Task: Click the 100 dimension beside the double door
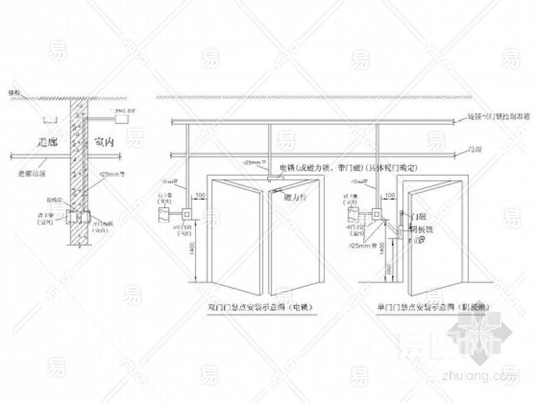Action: pos(199,195)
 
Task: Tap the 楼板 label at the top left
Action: pos(13,92)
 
